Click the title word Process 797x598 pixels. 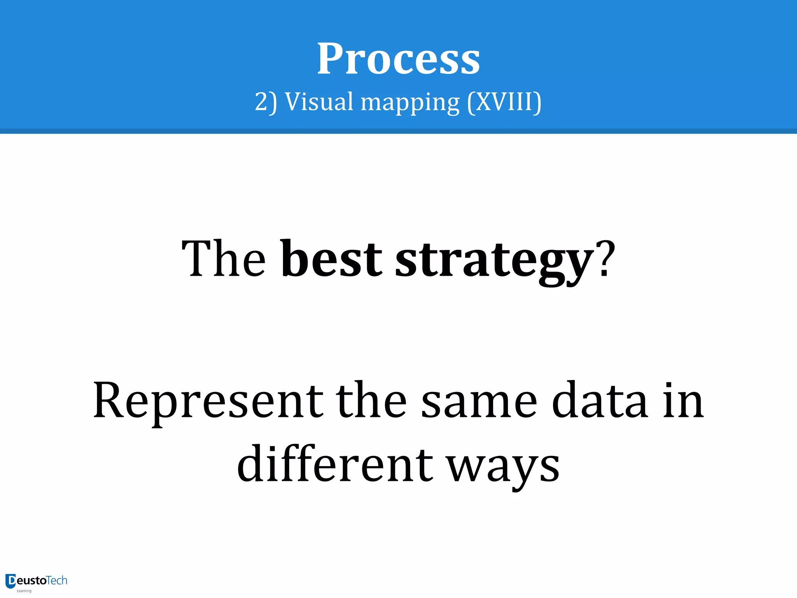(x=398, y=59)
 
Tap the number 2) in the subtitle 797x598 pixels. (x=266, y=102)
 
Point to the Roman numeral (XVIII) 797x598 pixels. (x=504, y=102)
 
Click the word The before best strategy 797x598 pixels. (x=224, y=259)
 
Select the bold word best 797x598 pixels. (x=332, y=259)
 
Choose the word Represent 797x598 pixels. (x=208, y=401)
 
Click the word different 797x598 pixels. (x=335, y=464)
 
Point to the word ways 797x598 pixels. (x=503, y=467)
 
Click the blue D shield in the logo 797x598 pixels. (x=11, y=581)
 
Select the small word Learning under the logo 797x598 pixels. (x=24, y=591)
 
